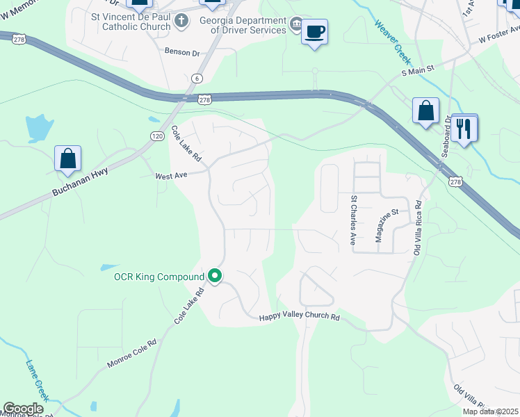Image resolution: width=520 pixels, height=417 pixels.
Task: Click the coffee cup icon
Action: point(314,31)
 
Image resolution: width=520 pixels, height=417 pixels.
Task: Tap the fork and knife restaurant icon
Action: point(464,128)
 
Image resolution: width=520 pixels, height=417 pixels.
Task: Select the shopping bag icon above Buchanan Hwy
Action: point(68,158)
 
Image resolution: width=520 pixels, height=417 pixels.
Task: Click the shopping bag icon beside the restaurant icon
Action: point(425,111)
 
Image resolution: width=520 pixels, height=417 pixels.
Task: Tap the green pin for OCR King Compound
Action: point(216,277)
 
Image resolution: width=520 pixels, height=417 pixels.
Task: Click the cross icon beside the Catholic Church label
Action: point(181,20)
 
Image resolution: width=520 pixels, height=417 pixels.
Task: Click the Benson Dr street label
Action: point(182,51)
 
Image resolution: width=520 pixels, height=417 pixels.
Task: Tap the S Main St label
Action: point(417,69)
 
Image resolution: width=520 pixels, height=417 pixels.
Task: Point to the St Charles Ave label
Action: point(353,220)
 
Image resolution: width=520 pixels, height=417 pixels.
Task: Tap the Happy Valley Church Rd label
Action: point(299,317)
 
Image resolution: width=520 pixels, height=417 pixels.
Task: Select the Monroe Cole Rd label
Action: point(132,354)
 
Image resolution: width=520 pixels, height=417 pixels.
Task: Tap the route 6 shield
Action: point(198,78)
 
